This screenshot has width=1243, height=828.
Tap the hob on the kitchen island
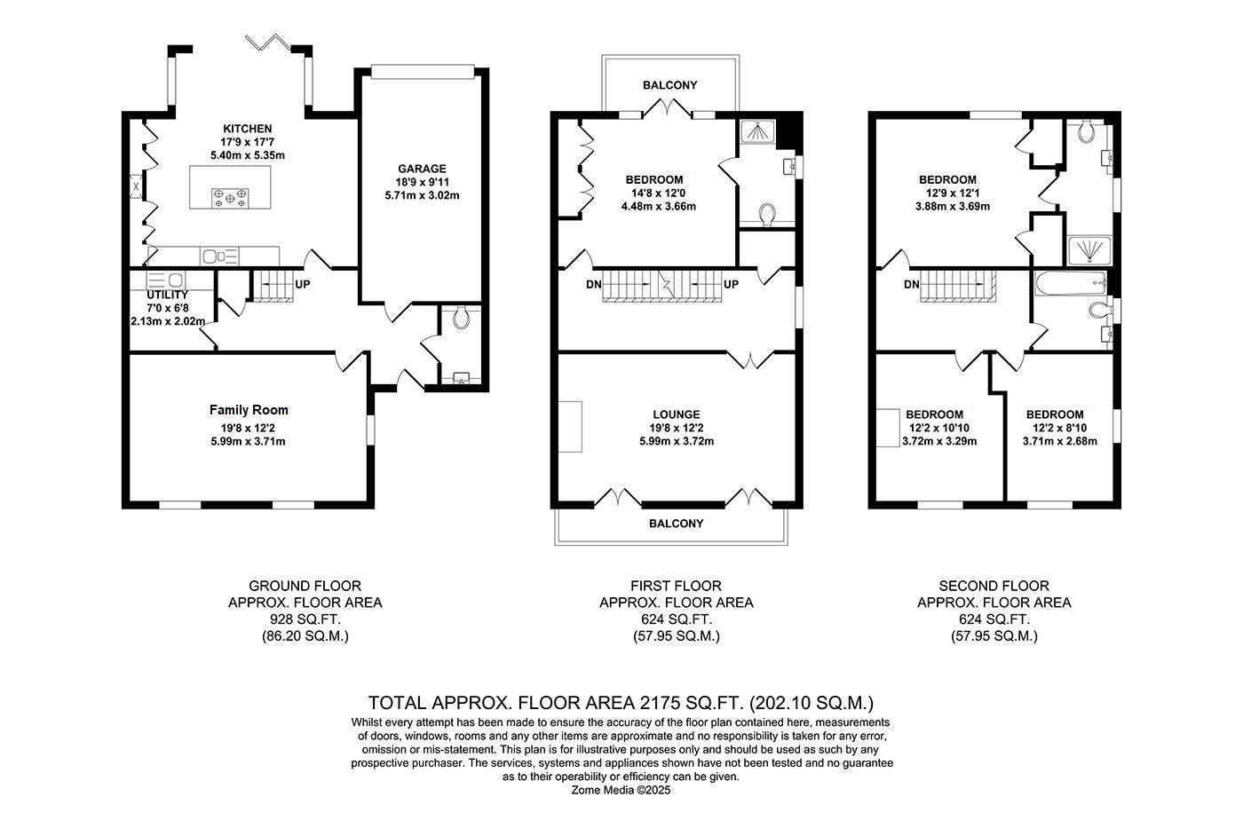[230, 198]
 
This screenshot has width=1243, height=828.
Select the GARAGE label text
[422, 169]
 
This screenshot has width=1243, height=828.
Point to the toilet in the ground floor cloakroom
[460, 319]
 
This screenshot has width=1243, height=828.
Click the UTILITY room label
[167, 295]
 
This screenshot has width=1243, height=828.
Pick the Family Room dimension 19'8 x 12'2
[249, 426]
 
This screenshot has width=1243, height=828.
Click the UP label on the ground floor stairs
[303, 285]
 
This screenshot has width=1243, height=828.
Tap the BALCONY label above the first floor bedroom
[669, 85]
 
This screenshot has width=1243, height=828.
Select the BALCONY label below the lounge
[676, 524]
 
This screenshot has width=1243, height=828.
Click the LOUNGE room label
[676, 414]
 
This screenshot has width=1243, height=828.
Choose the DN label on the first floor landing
[593, 285]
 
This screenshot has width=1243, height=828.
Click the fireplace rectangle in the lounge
[569, 427]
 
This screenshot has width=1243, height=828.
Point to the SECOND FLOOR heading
[994, 586]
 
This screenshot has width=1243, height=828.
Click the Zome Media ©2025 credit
[621, 790]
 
